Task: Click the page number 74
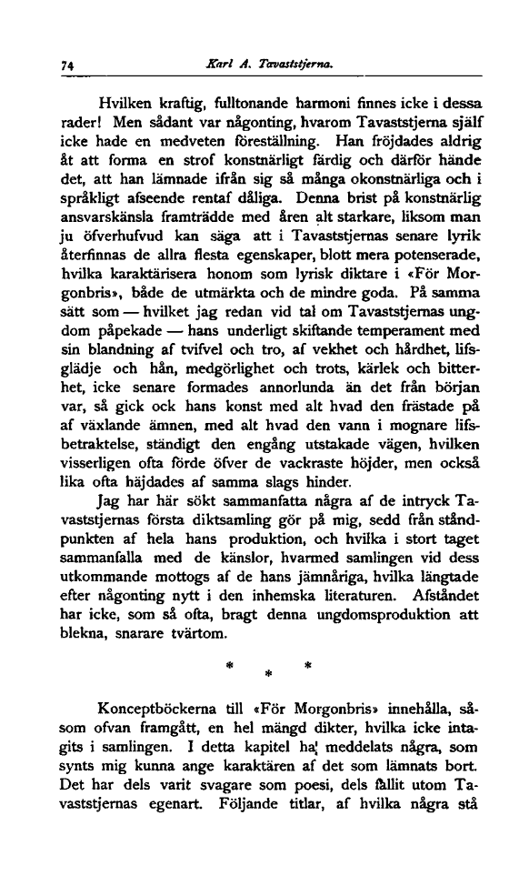click(x=66, y=66)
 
